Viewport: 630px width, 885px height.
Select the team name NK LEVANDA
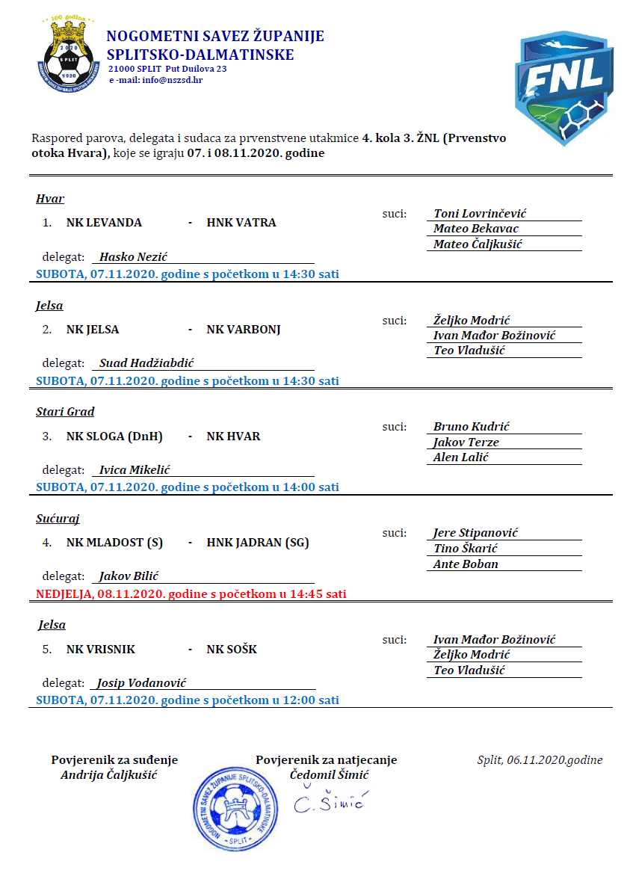click(104, 223)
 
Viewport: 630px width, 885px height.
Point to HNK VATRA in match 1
click(241, 223)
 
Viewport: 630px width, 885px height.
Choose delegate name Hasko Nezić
click(134, 257)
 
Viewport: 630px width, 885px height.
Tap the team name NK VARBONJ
click(244, 330)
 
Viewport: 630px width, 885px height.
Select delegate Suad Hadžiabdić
click(146, 363)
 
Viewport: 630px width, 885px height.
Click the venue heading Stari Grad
click(65, 412)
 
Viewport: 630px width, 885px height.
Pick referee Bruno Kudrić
click(472, 427)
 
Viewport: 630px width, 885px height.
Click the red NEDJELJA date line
click(191, 594)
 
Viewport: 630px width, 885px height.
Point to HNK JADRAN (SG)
click(258, 543)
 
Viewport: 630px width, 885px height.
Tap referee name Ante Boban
click(466, 564)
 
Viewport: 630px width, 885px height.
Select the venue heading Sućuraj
click(58, 519)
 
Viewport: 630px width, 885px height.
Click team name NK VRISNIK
click(101, 650)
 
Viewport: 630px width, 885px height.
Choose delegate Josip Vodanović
click(141, 683)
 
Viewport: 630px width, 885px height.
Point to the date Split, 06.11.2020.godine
click(540, 760)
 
